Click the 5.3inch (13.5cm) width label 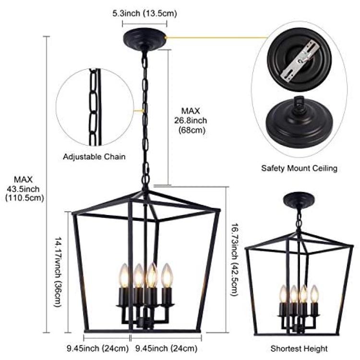click(x=144, y=13)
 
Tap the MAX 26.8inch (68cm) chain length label click(x=191, y=120)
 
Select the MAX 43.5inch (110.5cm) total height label click(x=25, y=189)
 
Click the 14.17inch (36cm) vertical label click(x=58, y=272)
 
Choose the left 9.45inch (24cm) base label click(x=97, y=348)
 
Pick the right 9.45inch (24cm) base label click(x=167, y=348)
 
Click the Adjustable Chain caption click(x=94, y=157)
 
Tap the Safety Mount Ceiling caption click(x=300, y=168)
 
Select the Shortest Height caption click(x=299, y=348)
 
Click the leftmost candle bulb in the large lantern click(x=124, y=275)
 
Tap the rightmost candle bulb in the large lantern click(x=167, y=275)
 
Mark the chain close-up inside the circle click(x=95, y=107)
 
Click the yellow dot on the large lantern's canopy click(x=166, y=37)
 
